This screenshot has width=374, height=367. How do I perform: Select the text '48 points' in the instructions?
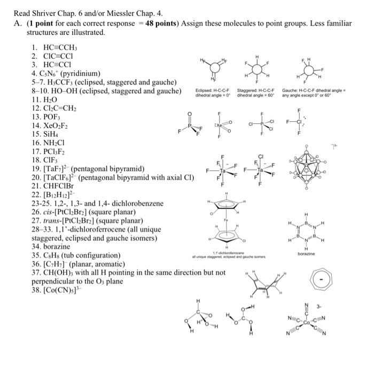(x=154, y=24)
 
